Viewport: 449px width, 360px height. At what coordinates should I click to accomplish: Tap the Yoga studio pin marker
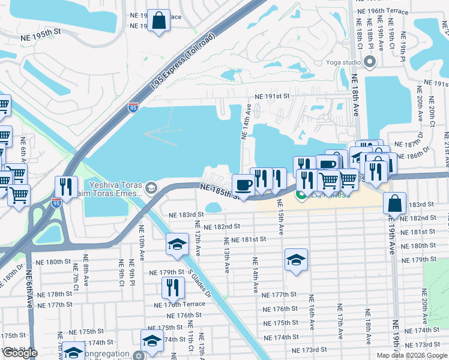[x=370, y=62]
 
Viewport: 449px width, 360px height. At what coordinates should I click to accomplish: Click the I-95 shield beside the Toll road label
[x=133, y=107]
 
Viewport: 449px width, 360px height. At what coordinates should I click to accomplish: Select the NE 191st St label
[x=272, y=96]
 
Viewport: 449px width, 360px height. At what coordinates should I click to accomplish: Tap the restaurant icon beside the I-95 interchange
[x=66, y=186]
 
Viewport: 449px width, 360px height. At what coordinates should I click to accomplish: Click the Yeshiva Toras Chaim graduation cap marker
[x=150, y=188]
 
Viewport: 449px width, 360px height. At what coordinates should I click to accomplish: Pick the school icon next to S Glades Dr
[x=177, y=244]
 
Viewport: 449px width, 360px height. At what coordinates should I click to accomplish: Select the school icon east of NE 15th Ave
[x=296, y=259]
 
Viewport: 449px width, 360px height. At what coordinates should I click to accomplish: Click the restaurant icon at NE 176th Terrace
[x=172, y=287]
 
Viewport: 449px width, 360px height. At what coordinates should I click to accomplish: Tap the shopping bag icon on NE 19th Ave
[x=396, y=203]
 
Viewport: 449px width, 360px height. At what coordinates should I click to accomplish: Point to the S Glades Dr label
[x=200, y=283]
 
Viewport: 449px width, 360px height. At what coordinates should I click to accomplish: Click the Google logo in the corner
[x=20, y=353]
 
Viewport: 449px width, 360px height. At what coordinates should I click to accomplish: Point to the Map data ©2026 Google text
[x=412, y=355]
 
